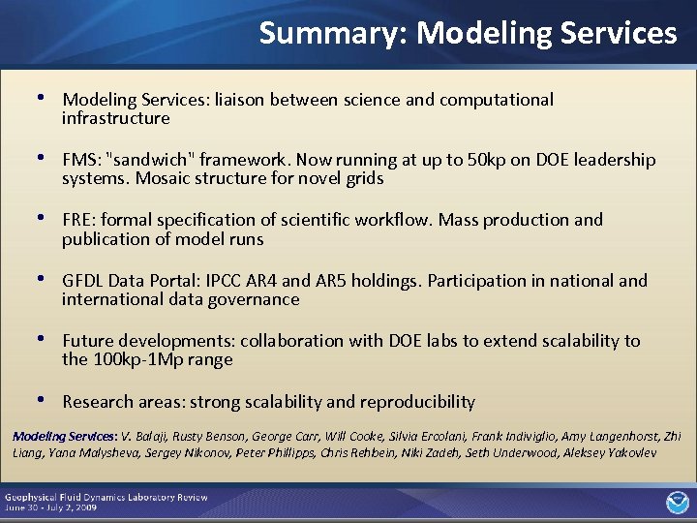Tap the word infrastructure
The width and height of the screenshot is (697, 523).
[x=115, y=118]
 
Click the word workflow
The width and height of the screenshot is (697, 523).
[x=395, y=220]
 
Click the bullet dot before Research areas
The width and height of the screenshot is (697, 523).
[x=40, y=400]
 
